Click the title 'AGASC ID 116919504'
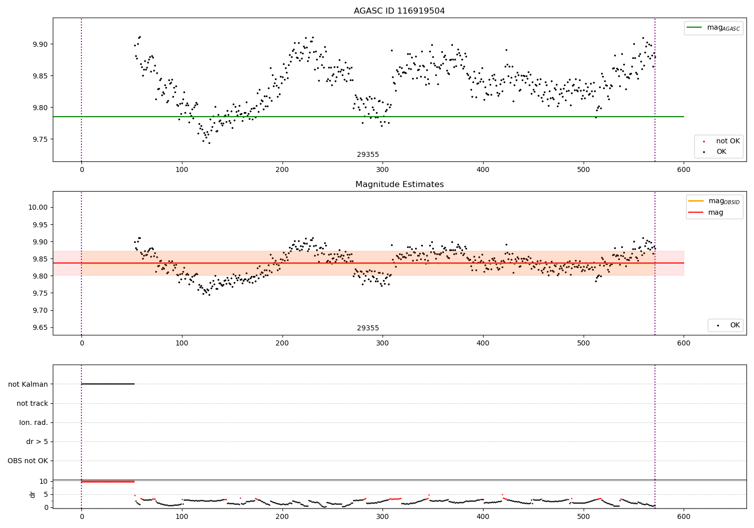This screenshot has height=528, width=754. click(399, 11)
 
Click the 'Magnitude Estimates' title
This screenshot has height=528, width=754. click(399, 185)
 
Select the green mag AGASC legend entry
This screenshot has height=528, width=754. click(713, 28)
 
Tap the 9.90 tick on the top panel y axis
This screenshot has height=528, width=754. click(40, 44)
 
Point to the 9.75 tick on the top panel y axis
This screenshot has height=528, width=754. click(40, 139)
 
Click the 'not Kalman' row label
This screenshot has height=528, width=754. click(28, 384)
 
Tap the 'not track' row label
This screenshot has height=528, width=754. click(32, 403)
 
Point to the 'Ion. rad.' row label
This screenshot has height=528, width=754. click(34, 422)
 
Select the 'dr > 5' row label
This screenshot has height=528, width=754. click(37, 442)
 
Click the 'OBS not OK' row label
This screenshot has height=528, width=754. click(28, 461)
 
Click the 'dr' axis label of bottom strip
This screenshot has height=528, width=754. click(33, 494)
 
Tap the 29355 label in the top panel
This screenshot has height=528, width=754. click(368, 155)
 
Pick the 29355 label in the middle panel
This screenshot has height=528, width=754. click(368, 328)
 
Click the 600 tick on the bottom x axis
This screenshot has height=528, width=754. click(684, 516)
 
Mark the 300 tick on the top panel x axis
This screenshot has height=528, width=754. click(383, 170)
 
